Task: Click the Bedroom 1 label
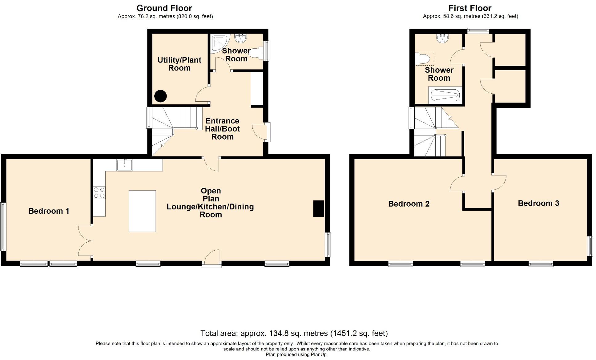click(x=49, y=211)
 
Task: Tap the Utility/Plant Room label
click(x=179, y=64)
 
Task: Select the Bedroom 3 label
click(x=538, y=203)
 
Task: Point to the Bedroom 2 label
click(x=409, y=204)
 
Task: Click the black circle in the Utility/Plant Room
click(x=160, y=96)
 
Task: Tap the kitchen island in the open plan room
click(x=142, y=211)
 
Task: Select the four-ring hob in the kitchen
click(x=99, y=193)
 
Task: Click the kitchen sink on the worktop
click(x=124, y=165)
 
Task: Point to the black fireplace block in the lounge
click(x=319, y=208)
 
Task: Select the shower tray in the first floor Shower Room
click(x=445, y=95)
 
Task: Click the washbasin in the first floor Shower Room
click(x=442, y=38)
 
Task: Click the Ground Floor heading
click(x=164, y=8)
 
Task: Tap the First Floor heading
click(x=470, y=8)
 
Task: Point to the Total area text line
click(x=294, y=333)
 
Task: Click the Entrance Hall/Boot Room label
click(x=222, y=129)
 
